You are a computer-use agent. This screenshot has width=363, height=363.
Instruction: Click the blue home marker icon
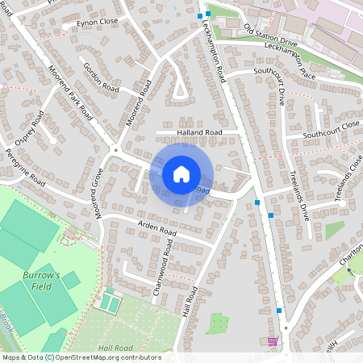tap(181, 173)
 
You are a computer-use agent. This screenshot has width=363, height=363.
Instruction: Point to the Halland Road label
tap(199, 131)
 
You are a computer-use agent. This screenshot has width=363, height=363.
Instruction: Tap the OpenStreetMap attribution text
tap(81, 357)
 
